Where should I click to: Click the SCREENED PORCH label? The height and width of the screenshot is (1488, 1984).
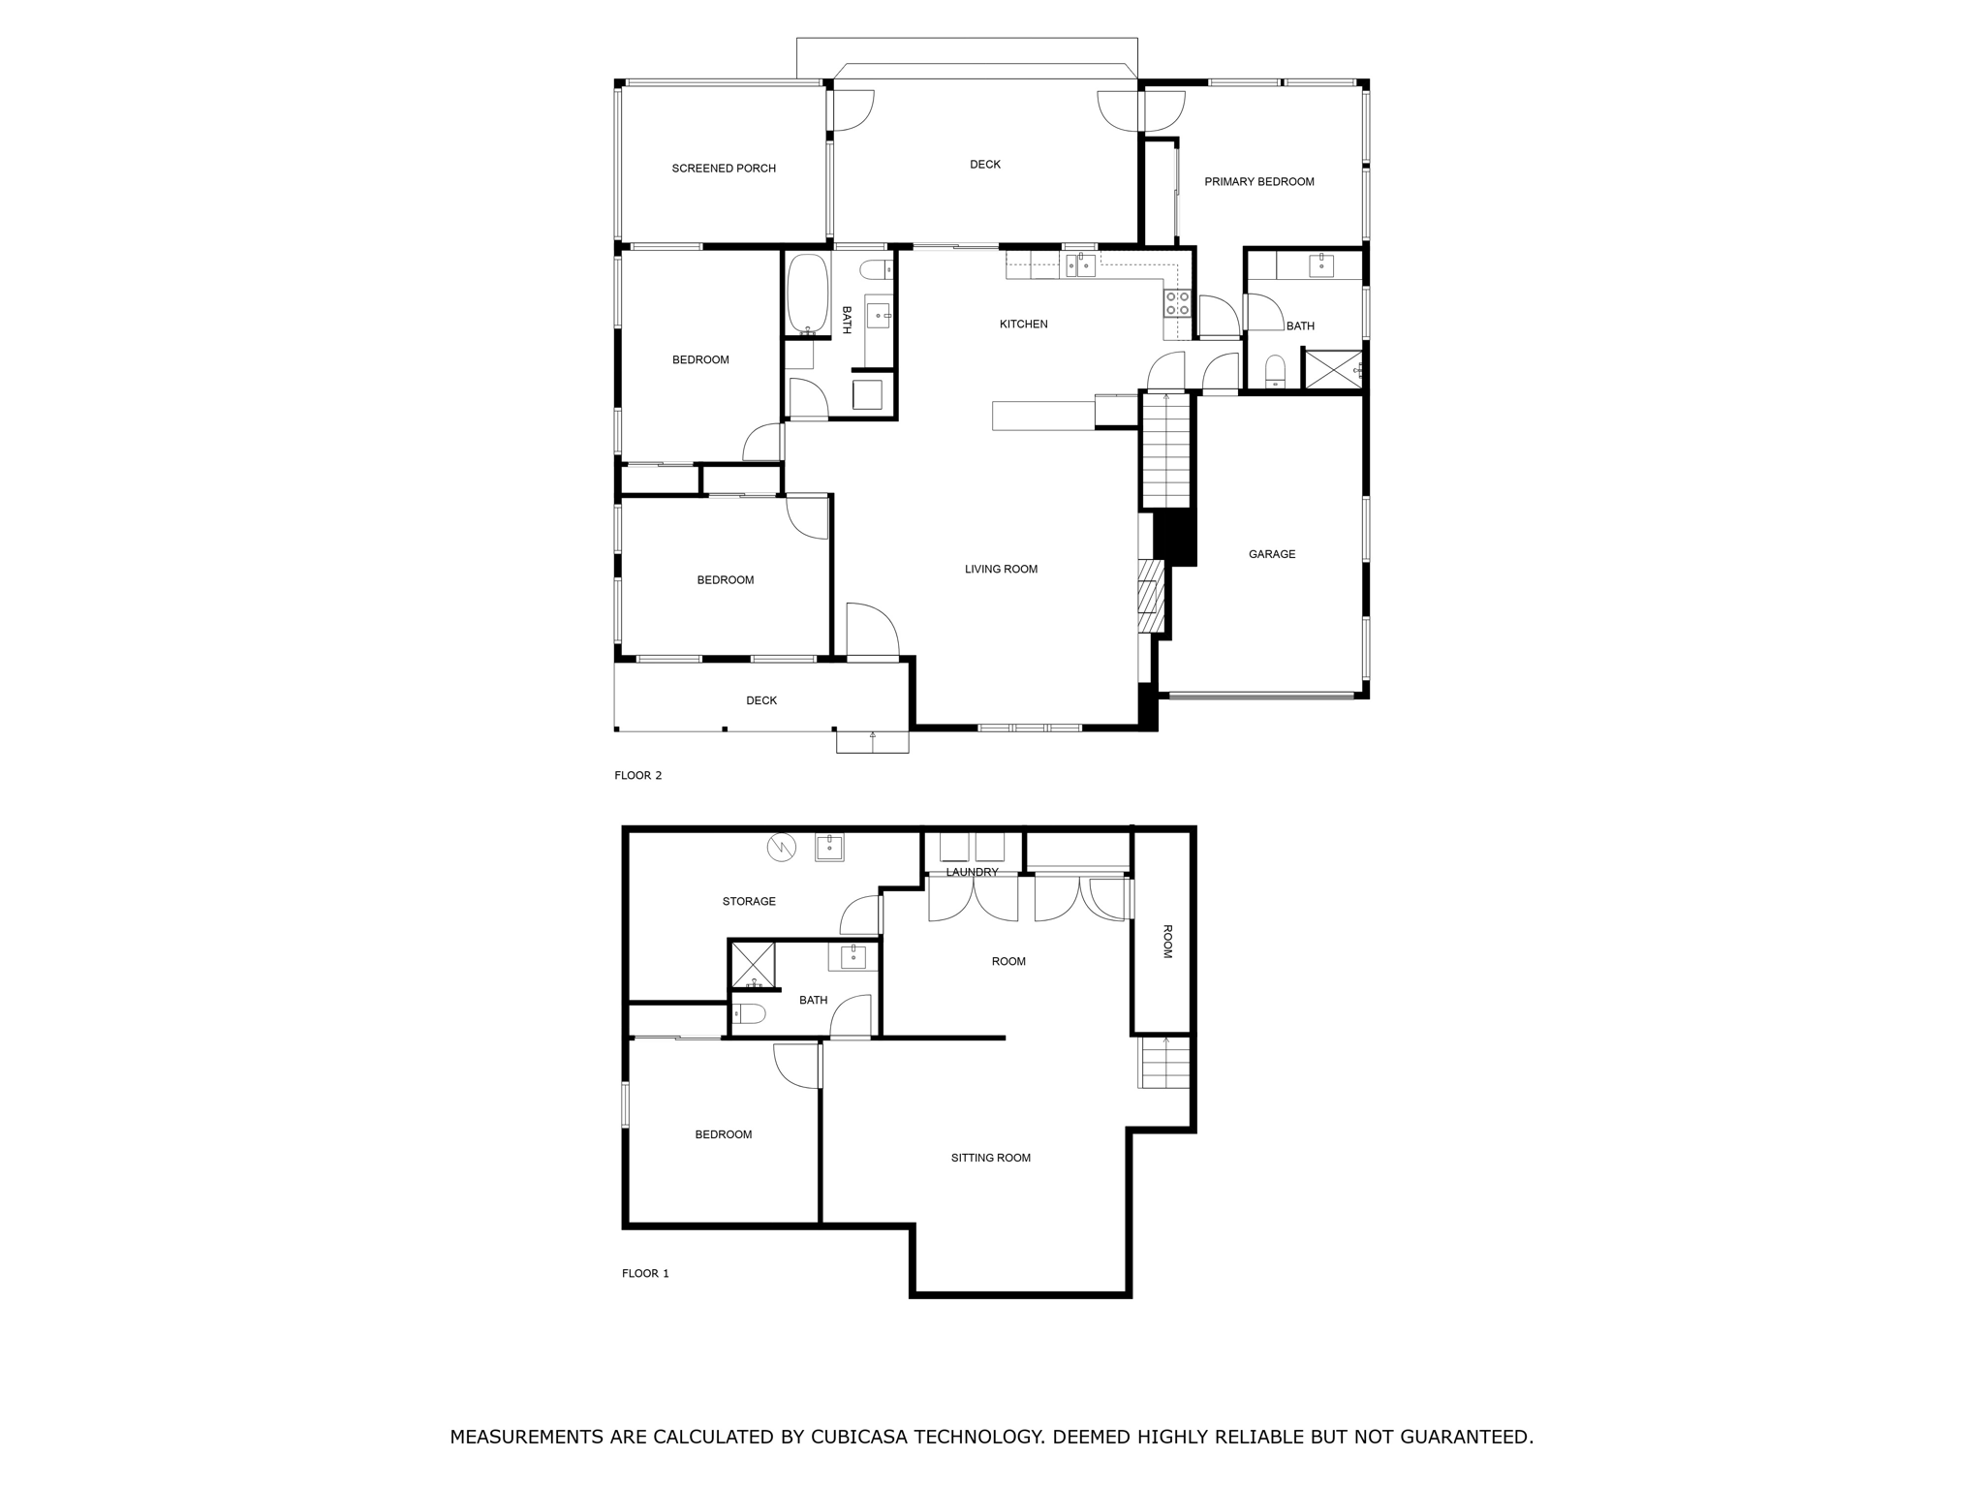[724, 169]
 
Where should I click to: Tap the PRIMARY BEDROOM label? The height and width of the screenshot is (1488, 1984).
[1258, 182]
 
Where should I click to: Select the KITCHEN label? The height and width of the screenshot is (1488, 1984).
[1023, 325]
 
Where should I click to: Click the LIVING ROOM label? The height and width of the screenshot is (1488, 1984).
[1001, 570]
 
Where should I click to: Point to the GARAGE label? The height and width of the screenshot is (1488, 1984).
[1271, 554]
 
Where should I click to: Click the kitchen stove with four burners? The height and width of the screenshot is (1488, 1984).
[1177, 303]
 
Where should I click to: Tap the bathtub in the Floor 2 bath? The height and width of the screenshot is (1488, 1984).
[807, 294]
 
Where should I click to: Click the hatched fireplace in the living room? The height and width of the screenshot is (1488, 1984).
[1149, 596]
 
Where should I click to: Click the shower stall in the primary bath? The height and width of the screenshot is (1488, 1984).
[1333, 370]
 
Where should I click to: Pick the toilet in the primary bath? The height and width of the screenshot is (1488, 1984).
[1275, 371]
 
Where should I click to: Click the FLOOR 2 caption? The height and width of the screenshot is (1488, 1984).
[637, 775]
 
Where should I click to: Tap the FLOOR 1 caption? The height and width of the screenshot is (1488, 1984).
[645, 1273]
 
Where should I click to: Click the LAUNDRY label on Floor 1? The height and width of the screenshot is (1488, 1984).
[972, 872]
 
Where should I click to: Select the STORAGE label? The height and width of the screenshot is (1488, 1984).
[749, 902]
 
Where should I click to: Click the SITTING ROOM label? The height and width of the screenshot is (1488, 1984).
[990, 1158]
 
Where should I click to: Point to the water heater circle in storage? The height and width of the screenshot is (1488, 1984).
[781, 848]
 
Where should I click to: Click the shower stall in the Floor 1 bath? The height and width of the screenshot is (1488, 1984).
[753, 964]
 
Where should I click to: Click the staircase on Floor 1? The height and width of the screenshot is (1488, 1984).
[1163, 1063]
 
